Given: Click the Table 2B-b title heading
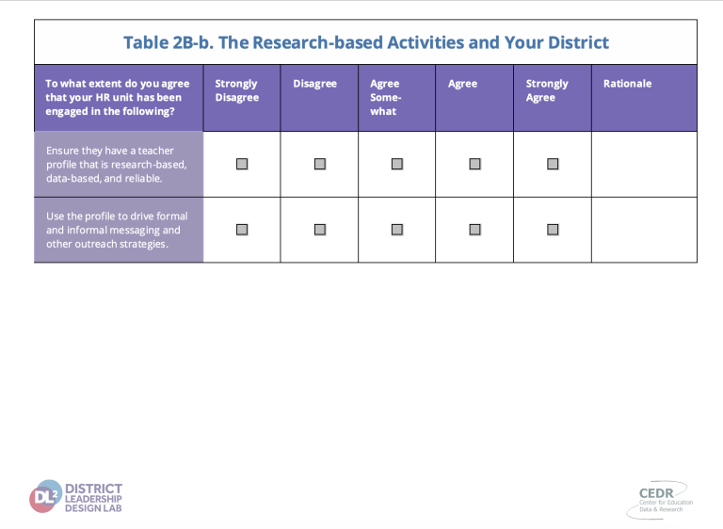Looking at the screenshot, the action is [366, 42].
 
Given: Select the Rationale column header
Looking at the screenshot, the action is [627, 84].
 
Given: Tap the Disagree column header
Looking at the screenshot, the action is [315, 84].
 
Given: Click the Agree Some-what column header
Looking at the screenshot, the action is [385, 97].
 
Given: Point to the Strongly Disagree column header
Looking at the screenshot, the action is [237, 90].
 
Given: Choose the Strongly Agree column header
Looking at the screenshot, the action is [547, 90].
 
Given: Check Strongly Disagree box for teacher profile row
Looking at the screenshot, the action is [242, 164].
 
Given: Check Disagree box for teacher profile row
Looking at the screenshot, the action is [320, 164].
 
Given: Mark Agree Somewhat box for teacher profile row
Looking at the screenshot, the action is [397, 164].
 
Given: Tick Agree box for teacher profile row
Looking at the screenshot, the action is [474, 164].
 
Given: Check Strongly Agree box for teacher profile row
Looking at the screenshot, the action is [553, 164].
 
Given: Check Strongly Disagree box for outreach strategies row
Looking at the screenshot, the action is [242, 230].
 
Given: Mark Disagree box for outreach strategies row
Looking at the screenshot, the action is [320, 230].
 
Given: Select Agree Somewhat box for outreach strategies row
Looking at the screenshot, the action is [397, 230].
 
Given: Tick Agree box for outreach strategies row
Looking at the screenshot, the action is [474, 230].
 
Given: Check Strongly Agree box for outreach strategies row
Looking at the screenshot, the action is [553, 230].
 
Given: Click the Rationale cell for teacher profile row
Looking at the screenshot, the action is [644, 164].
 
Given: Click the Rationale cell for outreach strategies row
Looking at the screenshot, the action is [644, 230].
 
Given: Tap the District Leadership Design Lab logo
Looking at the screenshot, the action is [75, 497].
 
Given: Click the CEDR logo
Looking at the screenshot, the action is [660, 500].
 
